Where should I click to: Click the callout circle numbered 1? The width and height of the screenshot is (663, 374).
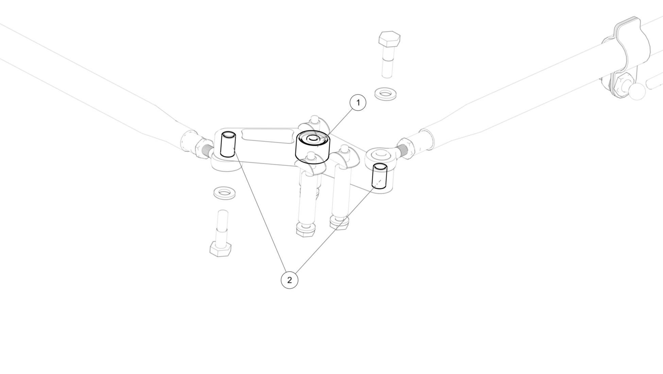click(358, 103)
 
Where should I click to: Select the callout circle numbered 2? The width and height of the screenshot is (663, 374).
click(289, 280)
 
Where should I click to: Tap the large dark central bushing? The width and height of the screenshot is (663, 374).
click(313, 147)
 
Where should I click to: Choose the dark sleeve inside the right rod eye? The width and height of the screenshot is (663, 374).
click(379, 176)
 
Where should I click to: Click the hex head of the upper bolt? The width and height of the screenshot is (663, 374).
click(390, 40)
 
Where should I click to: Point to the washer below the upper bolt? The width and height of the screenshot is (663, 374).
click(385, 93)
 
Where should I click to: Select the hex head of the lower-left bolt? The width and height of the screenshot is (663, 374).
click(221, 249)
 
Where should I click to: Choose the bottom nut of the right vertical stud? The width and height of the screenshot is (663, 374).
click(339, 223)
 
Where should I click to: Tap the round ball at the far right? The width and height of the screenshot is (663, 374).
click(636, 91)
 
